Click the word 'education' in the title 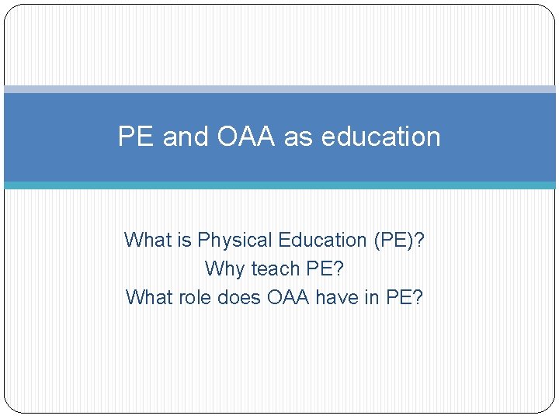(380, 137)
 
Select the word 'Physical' (235, 241)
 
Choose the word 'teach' (276, 269)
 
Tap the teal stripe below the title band (279, 185)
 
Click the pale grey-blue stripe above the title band (279, 89)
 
